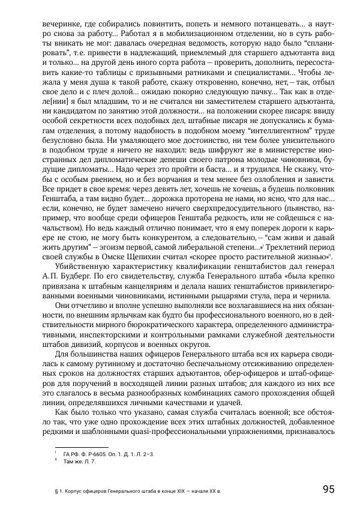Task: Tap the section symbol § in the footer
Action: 56,492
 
